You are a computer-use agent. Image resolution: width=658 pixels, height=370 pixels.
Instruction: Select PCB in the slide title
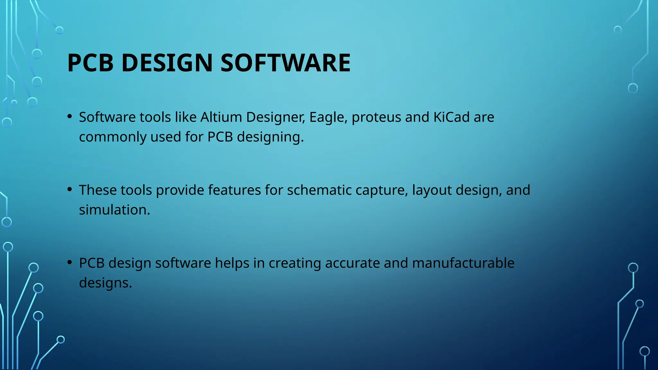click(91, 63)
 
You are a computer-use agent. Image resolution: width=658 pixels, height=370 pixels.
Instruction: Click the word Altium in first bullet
click(221, 117)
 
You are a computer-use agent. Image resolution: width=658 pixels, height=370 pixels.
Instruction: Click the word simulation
click(114, 210)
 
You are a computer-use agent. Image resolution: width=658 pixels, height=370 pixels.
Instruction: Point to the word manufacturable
click(463, 263)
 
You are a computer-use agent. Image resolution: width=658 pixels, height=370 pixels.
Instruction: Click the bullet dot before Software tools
click(70, 116)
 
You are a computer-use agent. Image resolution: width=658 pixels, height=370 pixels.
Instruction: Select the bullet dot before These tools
click(70, 189)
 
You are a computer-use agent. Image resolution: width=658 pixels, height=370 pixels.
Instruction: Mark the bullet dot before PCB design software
click(70, 262)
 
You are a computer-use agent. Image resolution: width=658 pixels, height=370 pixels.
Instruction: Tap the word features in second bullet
click(234, 190)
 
